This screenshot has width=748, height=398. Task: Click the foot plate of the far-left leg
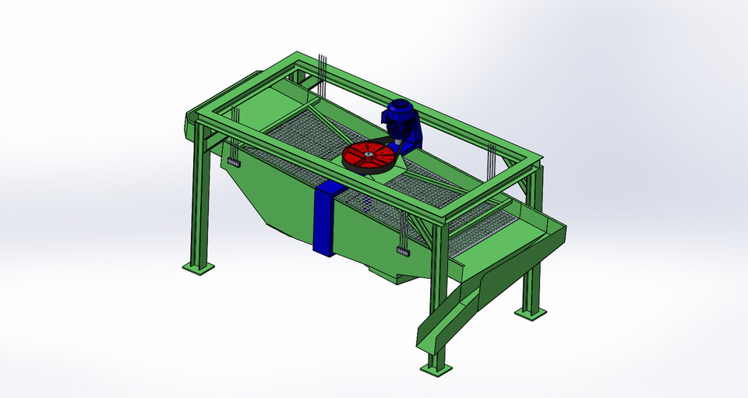198,267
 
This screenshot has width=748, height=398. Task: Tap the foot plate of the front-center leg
436,366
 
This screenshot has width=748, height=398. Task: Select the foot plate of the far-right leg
531,312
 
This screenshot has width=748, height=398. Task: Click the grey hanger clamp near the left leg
233,162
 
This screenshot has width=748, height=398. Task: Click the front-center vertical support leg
438,296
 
